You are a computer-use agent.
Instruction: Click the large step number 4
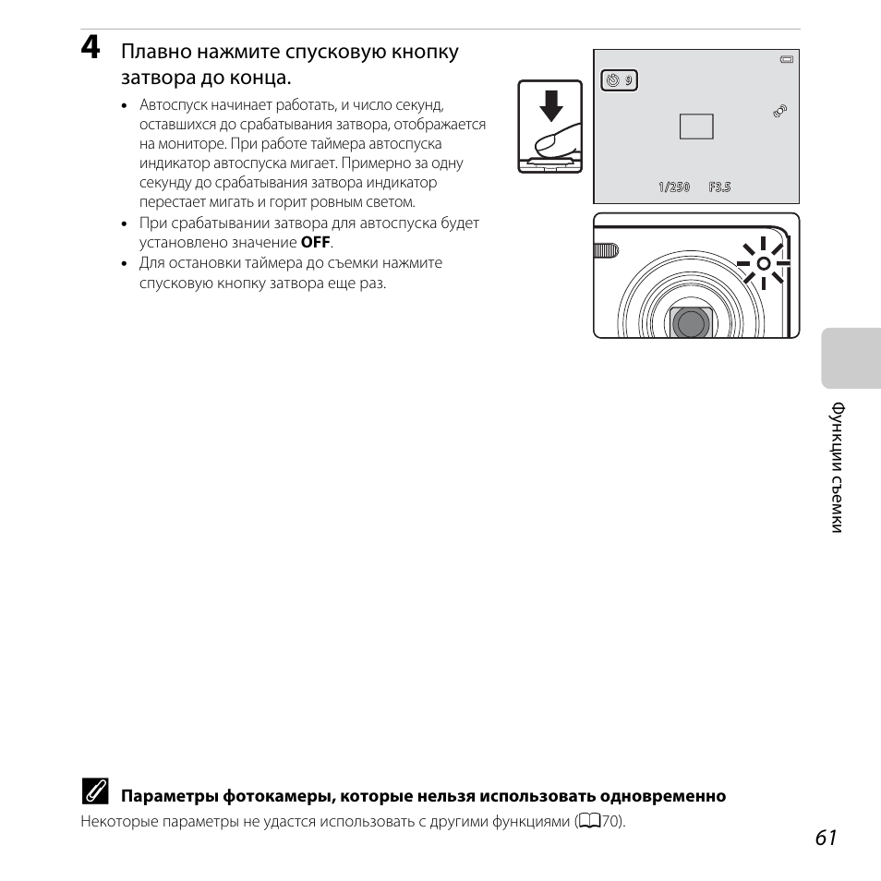click(91, 49)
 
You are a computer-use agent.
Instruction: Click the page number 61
click(827, 837)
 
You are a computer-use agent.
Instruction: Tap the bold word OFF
click(316, 243)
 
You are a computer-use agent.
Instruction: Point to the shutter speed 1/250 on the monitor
click(674, 187)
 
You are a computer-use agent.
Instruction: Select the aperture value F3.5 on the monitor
click(719, 187)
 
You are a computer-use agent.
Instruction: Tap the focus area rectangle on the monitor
click(696, 127)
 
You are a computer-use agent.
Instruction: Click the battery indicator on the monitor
click(786, 60)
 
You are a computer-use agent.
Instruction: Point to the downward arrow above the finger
click(551, 105)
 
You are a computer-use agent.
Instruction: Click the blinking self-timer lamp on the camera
click(763, 263)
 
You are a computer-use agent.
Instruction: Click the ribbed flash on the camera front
click(606, 250)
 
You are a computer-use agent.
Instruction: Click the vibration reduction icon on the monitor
click(780, 111)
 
